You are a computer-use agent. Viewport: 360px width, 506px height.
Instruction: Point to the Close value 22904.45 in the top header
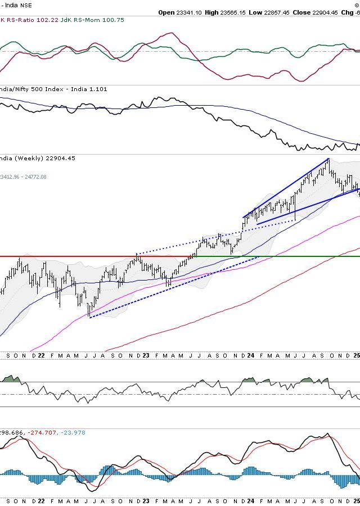[327, 12]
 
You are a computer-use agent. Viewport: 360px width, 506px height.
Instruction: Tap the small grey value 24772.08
[33, 177]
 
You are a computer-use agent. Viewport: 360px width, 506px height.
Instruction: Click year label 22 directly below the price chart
[34, 356]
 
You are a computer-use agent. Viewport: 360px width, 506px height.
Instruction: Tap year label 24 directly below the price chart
[250, 356]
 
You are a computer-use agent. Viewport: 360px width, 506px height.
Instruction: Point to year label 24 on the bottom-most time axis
[250, 500]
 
